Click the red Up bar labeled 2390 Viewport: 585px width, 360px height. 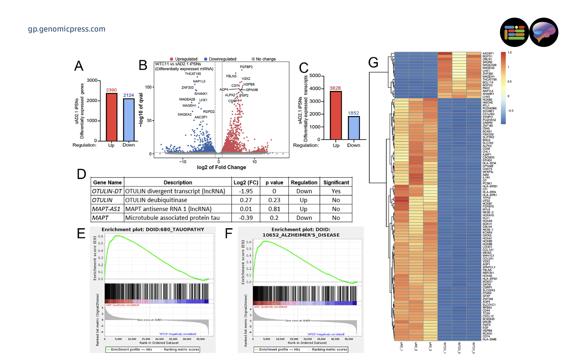pyautogui.click(x=111, y=117)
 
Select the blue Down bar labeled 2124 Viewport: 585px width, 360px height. pyautogui.click(x=128, y=120)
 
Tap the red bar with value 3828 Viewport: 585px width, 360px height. pyautogui.click(x=335, y=115)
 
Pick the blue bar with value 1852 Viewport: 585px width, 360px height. pyautogui.click(x=353, y=128)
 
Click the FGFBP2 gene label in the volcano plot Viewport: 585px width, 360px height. pyautogui.click(x=246, y=67)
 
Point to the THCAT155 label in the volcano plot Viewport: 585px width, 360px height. pyautogui.click(x=193, y=74)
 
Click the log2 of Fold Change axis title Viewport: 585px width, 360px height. pyautogui.click(x=221, y=167)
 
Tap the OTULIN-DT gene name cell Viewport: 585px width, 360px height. pyautogui.click(x=107, y=191)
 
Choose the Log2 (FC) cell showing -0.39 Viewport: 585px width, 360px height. pyautogui.click(x=246, y=218)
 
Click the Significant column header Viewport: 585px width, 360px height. pyautogui.click(x=336, y=182)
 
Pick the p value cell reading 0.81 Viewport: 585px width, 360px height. pyautogui.click(x=274, y=209)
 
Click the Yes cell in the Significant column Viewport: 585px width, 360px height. pyautogui.click(x=336, y=191)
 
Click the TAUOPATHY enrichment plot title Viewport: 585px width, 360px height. pyautogui.click(x=153, y=229)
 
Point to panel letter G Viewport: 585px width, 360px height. pyautogui.click(x=373, y=63)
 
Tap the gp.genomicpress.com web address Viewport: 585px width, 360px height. pyautogui.click(x=67, y=29)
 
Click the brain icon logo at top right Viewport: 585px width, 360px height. pyautogui.click(x=544, y=32)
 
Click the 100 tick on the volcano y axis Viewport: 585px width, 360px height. pyautogui.click(x=148, y=87)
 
